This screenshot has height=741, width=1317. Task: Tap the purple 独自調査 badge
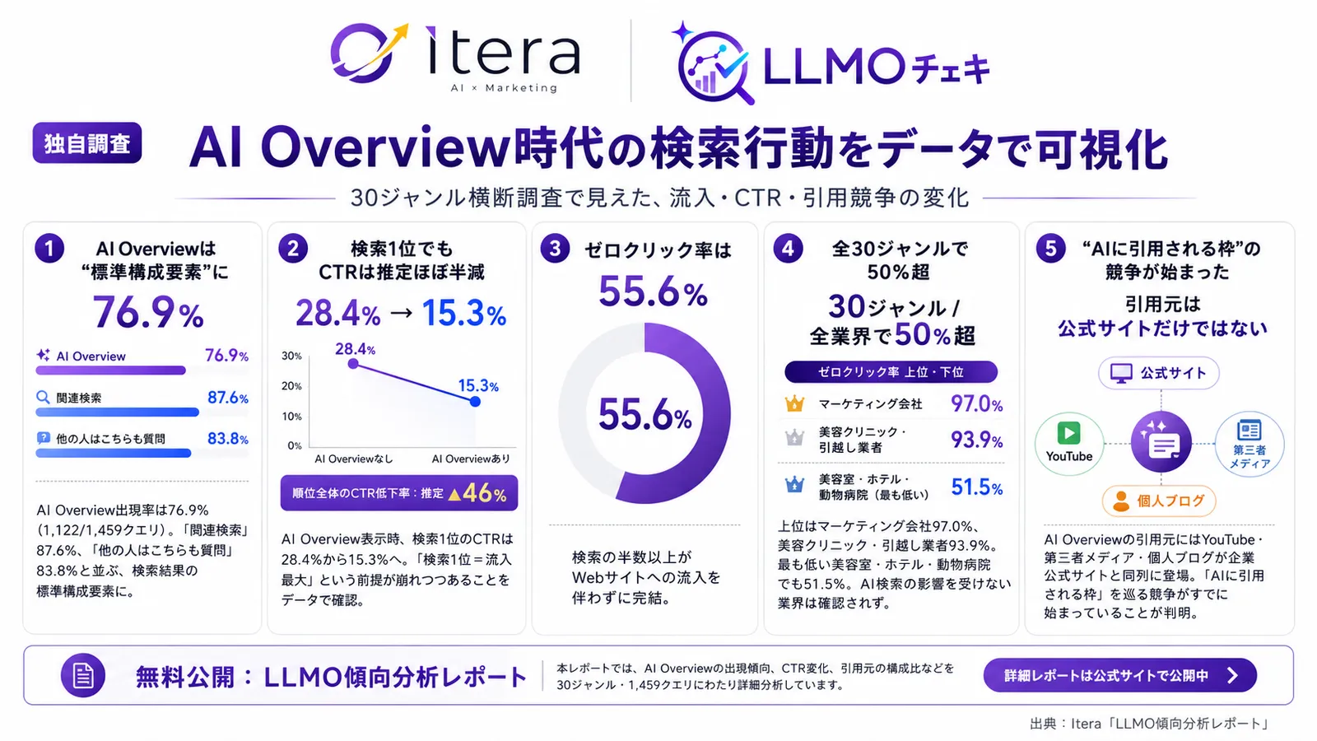[87, 143]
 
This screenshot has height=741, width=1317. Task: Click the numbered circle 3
[555, 249]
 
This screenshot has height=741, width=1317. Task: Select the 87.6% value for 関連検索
[227, 398]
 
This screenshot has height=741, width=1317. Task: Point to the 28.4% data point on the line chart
[353, 363]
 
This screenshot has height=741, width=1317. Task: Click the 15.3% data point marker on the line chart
[475, 402]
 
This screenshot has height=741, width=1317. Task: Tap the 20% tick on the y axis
[291, 386]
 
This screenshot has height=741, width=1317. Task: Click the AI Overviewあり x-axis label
[471, 459]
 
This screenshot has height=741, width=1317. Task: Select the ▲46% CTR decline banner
[399, 493]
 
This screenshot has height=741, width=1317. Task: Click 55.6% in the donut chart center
[645, 414]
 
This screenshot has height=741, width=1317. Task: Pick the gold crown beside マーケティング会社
[794, 403]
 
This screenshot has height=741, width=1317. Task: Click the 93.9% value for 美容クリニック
[976, 440]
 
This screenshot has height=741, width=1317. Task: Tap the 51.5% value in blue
[976, 487]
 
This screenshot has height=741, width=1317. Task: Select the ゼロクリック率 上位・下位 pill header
[891, 371]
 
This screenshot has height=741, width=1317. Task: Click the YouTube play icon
[1069, 433]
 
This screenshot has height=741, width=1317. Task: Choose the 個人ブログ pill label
[1159, 501]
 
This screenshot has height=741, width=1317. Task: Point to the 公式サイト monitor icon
[1120, 373]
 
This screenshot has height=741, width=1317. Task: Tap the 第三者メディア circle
[1250, 444]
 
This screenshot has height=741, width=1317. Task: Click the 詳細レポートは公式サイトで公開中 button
[1120, 675]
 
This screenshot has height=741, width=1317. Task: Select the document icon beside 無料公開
[83, 675]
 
